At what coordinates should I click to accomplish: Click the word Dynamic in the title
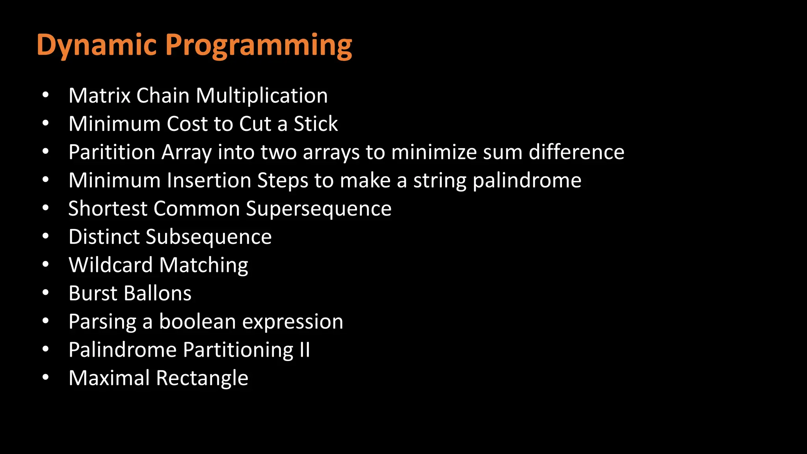click(x=97, y=46)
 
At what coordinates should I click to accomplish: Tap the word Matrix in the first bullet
click(x=99, y=96)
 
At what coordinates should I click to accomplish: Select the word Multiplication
click(x=262, y=96)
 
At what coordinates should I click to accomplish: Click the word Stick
click(x=316, y=124)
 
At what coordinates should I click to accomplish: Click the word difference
click(x=576, y=153)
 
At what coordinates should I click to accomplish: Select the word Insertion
click(x=209, y=180)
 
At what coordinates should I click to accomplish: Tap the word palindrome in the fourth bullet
click(x=527, y=180)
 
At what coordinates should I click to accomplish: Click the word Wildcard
click(x=111, y=265)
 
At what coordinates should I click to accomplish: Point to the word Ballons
click(x=158, y=294)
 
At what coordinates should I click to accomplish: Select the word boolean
click(x=197, y=322)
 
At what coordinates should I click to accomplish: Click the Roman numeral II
click(x=305, y=350)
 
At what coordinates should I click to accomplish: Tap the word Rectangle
click(x=202, y=378)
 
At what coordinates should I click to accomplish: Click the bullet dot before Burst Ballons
click(x=46, y=293)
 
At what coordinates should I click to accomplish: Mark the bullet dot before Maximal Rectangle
click(x=46, y=378)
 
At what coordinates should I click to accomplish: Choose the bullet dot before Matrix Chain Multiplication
click(x=46, y=95)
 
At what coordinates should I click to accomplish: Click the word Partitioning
click(x=238, y=350)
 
